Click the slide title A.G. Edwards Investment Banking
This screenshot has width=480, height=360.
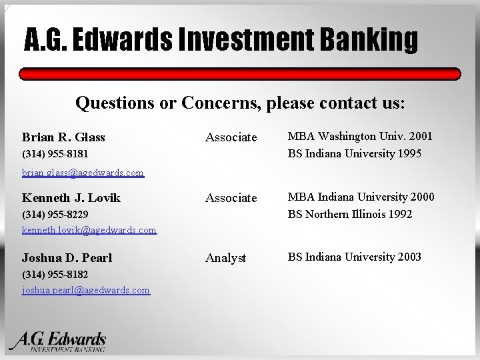click(x=221, y=41)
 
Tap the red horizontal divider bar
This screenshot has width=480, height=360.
click(x=240, y=74)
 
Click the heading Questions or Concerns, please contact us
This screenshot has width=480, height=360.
click(x=240, y=103)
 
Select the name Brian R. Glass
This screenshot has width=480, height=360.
click(x=63, y=137)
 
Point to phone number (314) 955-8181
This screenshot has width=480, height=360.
click(x=55, y=154)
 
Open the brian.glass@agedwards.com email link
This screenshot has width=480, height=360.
click(x=83, y=173)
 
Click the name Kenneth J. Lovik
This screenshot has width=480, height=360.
click(x=71, y=198)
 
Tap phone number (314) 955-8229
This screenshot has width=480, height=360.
click(x=55, y=215)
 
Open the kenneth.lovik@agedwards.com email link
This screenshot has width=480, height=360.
click(x=89, y=230)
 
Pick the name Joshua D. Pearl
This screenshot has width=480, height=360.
click(x=67, y=258)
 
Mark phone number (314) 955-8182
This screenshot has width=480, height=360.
click(x=55, y=275)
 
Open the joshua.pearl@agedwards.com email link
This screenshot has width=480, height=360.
click(x=86, y=290)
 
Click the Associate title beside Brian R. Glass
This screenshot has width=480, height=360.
click(x=231, y=137)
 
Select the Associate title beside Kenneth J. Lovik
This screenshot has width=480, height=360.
click(x=231, y=198)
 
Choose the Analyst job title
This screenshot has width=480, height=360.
click(x=225, y=258)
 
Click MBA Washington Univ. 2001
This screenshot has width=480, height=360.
click(x=360, y=136)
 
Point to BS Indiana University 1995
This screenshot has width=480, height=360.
click(x=355, y=153)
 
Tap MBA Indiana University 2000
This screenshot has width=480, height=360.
click(x=361, y=197)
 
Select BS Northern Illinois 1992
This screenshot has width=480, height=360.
click(x=350, y=214)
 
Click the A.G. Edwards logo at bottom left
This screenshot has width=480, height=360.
click(x=59, y=341)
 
